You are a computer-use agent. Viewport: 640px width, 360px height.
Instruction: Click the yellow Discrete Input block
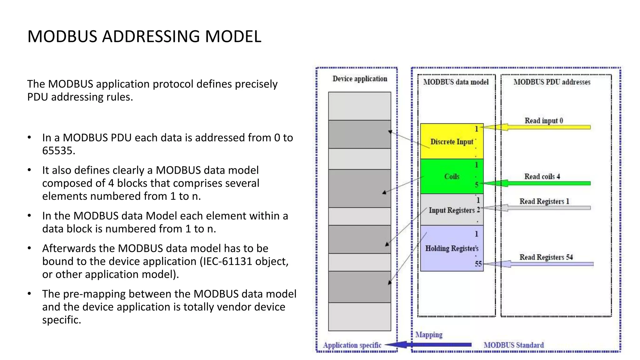pyautogui.click(x=452, y=141)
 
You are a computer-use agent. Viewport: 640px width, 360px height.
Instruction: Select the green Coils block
pyautogui.click(x=452, y=177)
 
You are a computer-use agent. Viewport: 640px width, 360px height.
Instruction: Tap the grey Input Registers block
pyautogui.click(x=452, y=210)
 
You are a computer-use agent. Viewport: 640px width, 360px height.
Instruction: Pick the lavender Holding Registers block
pyautogui.click(x=452, y=248)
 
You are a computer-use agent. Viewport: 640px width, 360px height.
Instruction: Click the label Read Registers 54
pyautogui.click(x=546, y=257)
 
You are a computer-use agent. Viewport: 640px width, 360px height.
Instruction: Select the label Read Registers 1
pyautogui.click(x=544, y=201)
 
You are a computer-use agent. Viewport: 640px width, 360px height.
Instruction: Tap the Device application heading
pyautogui.click(x=360, y=79)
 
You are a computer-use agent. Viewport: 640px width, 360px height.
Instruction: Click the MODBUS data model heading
pyautogui.click(x=456, y=82)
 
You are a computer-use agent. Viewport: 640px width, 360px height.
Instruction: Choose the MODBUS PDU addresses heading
pyautogui.click(x=552, y=82)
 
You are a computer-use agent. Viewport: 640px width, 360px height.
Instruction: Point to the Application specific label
pyautogui.click(x=352, y=345)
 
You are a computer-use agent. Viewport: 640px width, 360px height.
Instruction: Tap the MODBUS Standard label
pyautogui.click(x=513, y=345)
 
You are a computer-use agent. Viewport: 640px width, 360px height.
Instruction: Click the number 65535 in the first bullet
pyautogui.click(x=58, y=151)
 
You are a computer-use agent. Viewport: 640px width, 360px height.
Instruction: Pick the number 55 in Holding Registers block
pyautogui.click(x=478, y=264)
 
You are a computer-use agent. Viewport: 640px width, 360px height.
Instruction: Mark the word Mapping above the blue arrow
pyautogui.click(x=429, y=335)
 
